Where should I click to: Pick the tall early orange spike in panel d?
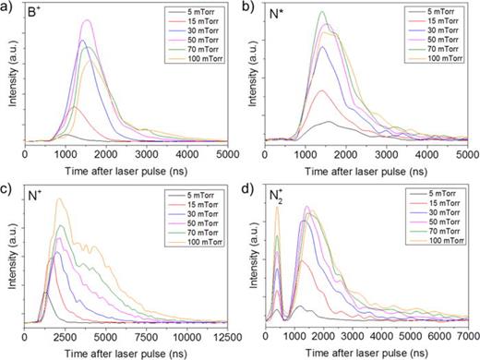tap(277, 209)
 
